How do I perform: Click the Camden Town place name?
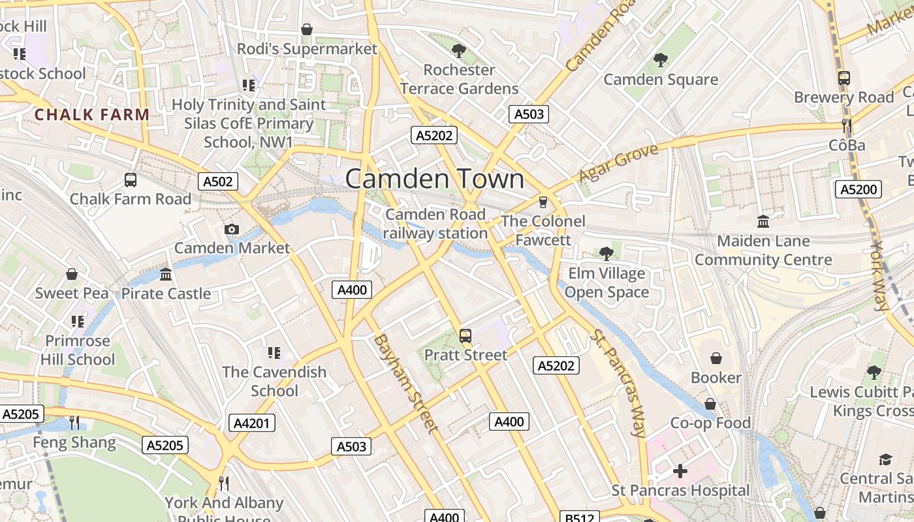coord(434,179)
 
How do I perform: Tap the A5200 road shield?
coord(859,190)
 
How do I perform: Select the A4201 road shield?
coord(251,423)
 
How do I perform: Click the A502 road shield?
coord(218,181)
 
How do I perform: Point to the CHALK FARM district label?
coord(92,115)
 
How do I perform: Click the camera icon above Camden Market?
coord(231,229)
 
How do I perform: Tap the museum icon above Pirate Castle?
coord(166,274)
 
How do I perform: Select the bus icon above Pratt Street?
coord(465,336)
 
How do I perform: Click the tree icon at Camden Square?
coord(661,60)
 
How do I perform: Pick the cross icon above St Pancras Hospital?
coord(680,471)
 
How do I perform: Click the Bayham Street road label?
coord(405,383)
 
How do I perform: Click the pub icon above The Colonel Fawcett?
coord(543,202)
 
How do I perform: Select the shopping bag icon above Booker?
coord(716,358)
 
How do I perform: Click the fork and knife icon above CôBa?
coord(846,125)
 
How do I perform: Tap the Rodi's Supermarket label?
coord(307,49)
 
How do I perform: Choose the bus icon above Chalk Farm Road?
coord(131,179)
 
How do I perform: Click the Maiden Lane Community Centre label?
coord(763,251)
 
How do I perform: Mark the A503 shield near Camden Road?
coord(528,114)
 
